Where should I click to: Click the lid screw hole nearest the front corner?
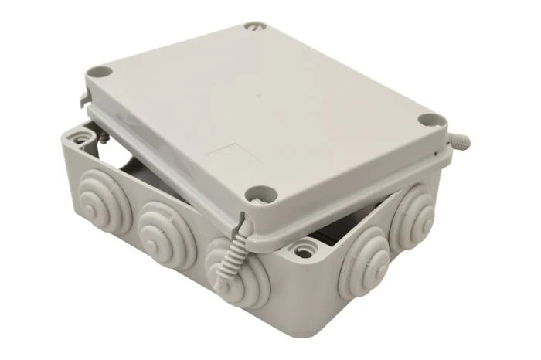click(253, 195)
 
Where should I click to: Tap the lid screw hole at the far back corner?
click(254, 27)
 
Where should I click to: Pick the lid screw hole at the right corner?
click(428, 121)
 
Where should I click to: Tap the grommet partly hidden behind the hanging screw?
click(224, 259)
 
